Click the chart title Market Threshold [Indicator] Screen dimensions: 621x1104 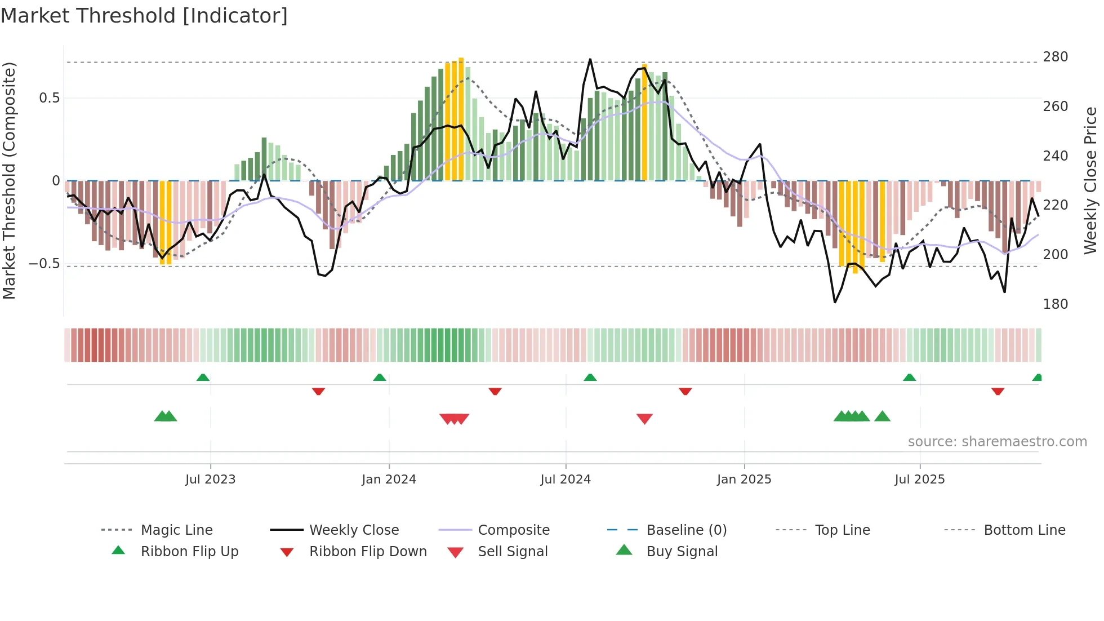[x=144, y=16]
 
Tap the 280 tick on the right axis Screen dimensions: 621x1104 [x=1055, y=57]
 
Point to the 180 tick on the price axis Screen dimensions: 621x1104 [x=1055, y=304]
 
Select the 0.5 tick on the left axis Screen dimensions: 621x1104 [x=49, y=98]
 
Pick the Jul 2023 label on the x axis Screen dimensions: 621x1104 [x=210, y=480]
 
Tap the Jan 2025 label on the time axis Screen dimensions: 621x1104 [x=744, y=480]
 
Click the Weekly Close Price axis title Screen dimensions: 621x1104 [x=1090, y=180]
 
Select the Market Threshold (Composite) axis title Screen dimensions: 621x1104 [x=9, y=180]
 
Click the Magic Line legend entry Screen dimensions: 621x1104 [x=176, y=530]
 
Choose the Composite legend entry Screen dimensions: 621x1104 [x=513, y=530]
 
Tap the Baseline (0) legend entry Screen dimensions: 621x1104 [x=686, y=530]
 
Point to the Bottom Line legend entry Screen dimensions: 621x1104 [x=1024, y=530]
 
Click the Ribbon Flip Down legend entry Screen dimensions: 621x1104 [x=367, y=552]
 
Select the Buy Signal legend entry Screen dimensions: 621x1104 [x=682, y=552]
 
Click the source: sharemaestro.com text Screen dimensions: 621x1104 [x=997, y=442]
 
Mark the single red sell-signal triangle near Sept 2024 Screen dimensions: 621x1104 [x=644, y=419]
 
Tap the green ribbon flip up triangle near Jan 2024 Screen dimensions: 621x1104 [x=380, y=378]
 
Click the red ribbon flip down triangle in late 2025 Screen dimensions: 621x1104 [x=998, y=391]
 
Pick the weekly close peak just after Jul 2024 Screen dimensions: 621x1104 [x=590, y=59]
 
